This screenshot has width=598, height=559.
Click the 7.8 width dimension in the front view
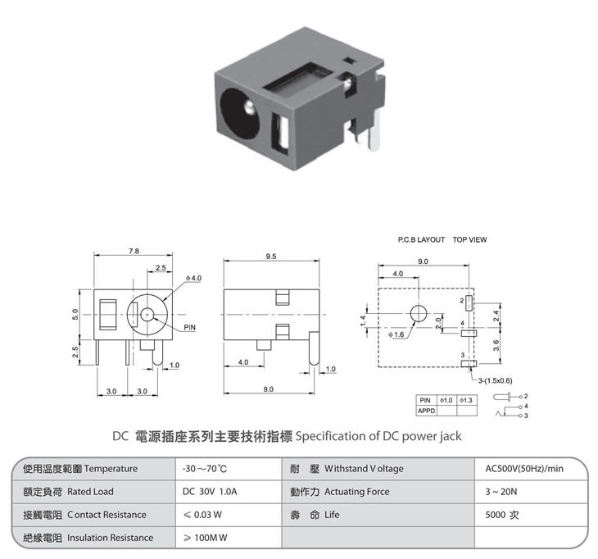point(134,251)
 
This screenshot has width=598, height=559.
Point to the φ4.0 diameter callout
point(194,278)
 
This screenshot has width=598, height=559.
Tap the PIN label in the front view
point(189,327)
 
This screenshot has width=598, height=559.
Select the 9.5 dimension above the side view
point(271,257)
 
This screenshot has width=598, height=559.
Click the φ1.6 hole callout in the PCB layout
point(396,334)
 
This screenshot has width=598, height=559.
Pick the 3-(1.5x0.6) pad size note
point(495,380)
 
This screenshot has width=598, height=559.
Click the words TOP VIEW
point(470,239)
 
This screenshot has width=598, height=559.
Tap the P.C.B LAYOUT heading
point(421,239)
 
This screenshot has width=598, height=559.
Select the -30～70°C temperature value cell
point(205,469)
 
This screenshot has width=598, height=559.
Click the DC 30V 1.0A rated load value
point(210,492)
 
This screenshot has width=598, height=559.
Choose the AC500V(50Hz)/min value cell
point(524,469)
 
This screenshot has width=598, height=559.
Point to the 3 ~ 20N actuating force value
point(501,492)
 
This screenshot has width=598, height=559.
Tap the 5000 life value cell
point(502,515)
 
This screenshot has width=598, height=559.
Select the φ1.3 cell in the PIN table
point(466,400)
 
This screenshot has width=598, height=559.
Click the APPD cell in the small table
point(426,411)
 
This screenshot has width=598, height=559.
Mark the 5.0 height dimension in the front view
point(75,314)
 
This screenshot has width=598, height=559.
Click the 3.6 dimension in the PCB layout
point(496,346)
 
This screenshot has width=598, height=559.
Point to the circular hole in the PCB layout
point(419,314)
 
